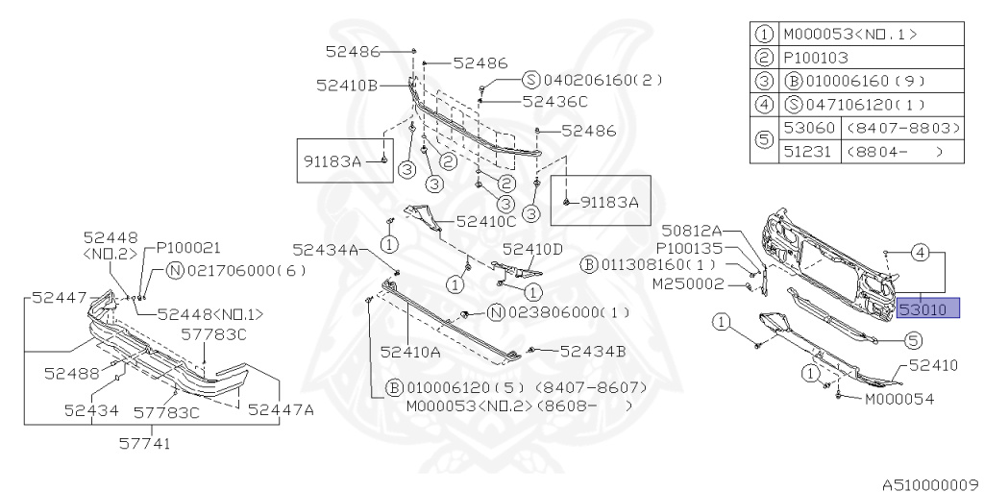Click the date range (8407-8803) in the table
903,128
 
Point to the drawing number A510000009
928,483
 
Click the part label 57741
145,443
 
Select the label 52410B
346,85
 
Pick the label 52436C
555,100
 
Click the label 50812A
691,231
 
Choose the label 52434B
592,351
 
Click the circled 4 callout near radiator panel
920,253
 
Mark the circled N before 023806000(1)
497,311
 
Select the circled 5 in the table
764,139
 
